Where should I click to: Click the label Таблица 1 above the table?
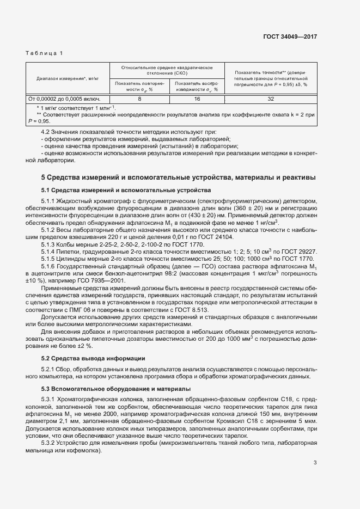[44, 53]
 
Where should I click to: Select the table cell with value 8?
[139, 99]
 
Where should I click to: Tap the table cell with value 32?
[271, 99]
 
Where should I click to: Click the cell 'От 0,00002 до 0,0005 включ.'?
[68, 99]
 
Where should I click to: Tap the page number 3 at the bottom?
[315, 463]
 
